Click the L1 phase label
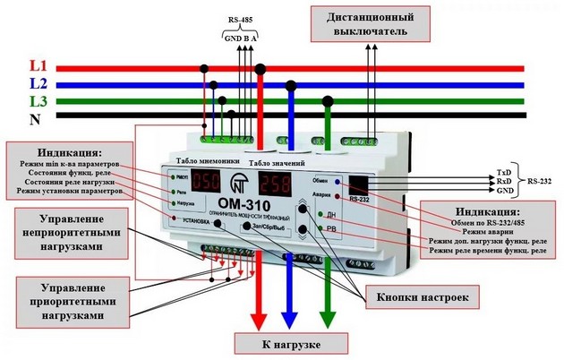pos(38,65)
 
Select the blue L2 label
pos(38,82)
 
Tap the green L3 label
pos(38,100)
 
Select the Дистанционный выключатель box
pos(372,23)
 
